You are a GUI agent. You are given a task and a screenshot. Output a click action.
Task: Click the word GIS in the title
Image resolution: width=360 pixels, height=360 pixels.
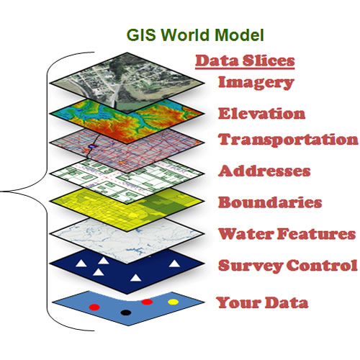(x=142, y=35)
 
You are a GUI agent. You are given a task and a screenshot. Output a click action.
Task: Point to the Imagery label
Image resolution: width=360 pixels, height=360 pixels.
(x=256, y=83)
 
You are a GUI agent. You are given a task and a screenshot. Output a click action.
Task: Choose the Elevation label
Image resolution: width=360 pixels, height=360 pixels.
(x=261, y=113)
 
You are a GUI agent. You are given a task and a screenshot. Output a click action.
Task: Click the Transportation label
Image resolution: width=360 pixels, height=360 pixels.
(x=288, y=140)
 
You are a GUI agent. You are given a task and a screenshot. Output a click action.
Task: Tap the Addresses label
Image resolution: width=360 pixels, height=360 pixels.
(x=264, y=171)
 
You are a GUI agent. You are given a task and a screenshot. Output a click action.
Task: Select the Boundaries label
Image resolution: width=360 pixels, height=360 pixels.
(x=270, y=202)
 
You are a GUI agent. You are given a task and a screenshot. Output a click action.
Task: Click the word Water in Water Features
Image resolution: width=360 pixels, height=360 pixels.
(x=246, y=233)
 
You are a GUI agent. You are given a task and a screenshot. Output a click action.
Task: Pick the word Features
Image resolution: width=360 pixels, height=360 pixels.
(x=316, y=233)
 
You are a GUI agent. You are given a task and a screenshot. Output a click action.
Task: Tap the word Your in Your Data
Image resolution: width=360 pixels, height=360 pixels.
(x=238, y=302)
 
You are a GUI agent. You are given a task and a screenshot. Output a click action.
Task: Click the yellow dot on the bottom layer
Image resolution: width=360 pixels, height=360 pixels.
(x=173, y=302)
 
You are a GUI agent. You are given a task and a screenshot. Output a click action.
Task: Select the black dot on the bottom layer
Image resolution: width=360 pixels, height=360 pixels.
(x=126, y=312)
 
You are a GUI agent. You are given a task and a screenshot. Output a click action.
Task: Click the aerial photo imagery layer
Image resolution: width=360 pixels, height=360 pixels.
(x=127, y=83)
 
